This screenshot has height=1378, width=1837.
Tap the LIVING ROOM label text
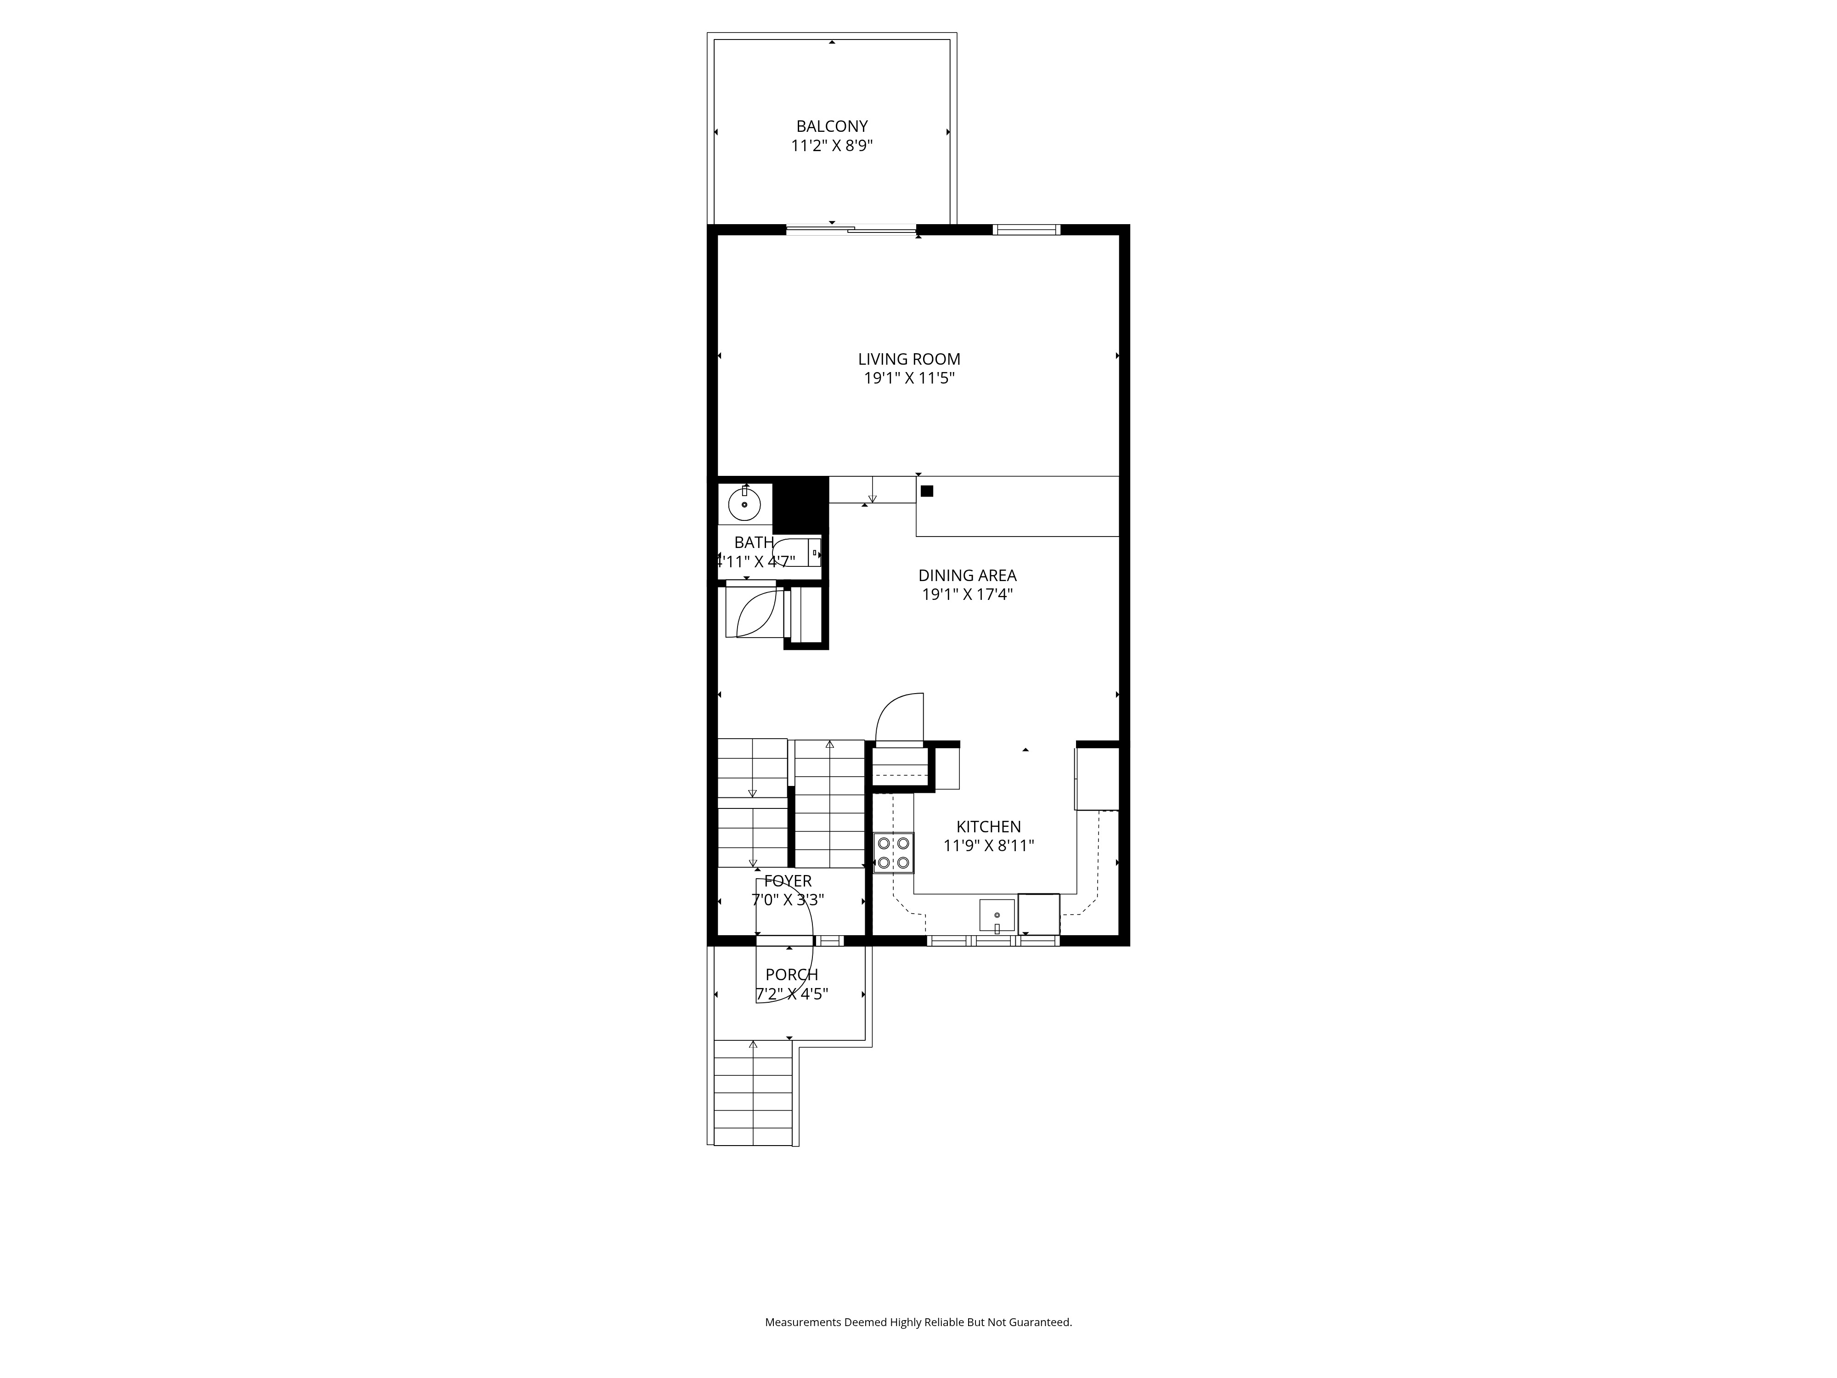click(x=908, y=359)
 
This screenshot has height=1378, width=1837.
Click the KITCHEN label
click(x=988, y=826)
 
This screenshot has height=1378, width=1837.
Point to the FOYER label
click(x=787, y=881)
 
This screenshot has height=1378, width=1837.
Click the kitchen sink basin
click(x=997, y=915)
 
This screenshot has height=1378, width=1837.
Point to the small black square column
click(x=927, y=491)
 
